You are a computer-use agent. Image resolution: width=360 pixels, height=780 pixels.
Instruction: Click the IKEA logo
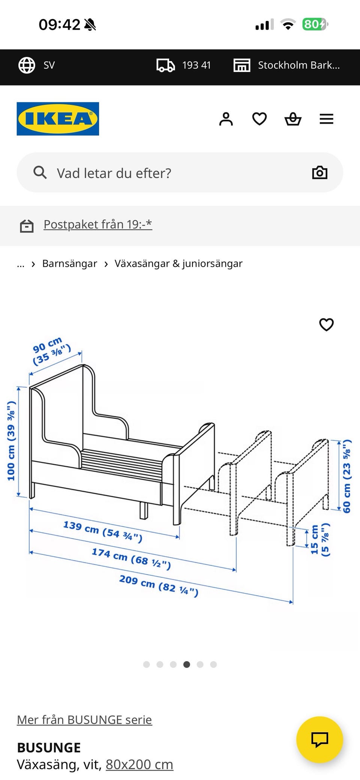[58, 119]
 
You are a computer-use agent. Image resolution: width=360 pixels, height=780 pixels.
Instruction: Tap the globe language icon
[27, 65]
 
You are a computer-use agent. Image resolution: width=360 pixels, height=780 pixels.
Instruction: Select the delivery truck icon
[165, 65]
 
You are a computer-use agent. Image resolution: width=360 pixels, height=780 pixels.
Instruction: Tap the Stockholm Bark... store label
[298, 65]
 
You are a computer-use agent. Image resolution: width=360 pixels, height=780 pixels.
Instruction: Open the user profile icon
[226, 119]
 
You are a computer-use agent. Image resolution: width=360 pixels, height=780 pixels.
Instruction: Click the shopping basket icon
[293, 119]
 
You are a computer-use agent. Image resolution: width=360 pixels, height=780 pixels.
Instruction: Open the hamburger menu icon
[326, 119]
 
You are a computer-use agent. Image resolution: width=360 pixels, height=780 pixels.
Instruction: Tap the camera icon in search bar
[319, 172]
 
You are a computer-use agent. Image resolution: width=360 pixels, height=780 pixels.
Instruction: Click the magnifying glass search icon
[40, 173]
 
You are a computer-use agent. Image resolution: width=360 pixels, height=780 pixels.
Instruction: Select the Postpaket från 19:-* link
[97, 224]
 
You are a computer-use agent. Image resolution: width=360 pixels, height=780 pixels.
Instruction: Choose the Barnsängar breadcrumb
[69, 263]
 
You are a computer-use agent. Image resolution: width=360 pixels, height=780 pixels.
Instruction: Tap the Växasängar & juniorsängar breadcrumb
[178, 263]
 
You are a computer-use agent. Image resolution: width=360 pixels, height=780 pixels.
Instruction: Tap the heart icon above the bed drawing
[326, 324]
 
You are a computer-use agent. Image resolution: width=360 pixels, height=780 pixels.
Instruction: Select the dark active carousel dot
[186, 665]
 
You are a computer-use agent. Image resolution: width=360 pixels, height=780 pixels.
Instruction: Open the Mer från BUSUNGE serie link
[84, 720]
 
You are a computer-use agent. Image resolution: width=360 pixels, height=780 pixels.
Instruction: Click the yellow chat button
[319, 740]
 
